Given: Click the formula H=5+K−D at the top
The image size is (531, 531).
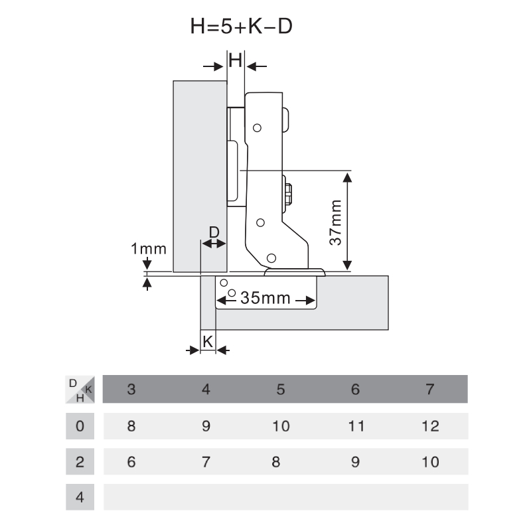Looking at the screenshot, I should point(241,28).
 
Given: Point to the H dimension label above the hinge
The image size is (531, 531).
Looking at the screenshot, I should point(236,61).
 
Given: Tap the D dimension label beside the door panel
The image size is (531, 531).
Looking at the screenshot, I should point(214,232).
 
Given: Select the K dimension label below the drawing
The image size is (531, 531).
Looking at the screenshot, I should point(208,341).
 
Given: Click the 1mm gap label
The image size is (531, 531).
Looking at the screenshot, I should point(148,250).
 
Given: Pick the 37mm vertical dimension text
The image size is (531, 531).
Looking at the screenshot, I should point(337,222).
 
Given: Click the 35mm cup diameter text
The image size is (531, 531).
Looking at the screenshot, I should point(265,298).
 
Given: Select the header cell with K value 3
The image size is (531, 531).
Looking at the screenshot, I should point(131,390).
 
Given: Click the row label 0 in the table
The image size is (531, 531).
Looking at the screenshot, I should point(80,426).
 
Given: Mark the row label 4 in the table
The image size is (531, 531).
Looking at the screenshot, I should point(80,497).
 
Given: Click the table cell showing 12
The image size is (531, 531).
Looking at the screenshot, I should point(430,426).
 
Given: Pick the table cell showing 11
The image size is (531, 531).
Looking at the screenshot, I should point(356,426).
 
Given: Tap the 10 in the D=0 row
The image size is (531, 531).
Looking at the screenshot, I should point(281,426).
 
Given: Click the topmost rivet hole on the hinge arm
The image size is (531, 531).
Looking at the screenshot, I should point(258,127).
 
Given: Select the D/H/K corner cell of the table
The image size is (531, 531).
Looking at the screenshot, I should point(80,390).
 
